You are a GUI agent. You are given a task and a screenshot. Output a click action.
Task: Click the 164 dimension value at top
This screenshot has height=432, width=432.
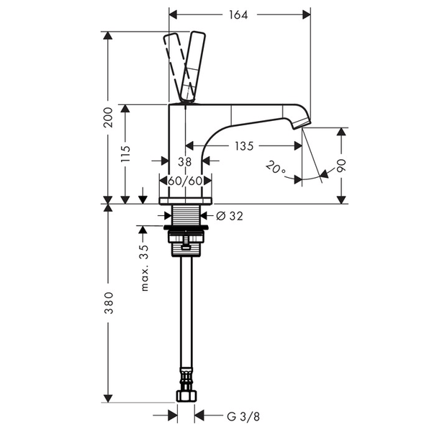(x=240, y=14)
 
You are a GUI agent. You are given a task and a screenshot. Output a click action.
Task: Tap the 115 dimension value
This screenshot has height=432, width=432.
(x=126, y=153)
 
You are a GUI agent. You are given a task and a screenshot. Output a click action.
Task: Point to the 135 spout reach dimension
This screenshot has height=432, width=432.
(x=244, y=146)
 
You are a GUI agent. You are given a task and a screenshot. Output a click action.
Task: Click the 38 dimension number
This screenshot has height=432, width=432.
(x=184, y=162)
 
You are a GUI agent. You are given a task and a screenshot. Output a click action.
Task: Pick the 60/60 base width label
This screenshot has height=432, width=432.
(x=185, y=180)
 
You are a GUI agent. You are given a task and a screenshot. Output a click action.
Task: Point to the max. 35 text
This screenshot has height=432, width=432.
(x=144, y=267)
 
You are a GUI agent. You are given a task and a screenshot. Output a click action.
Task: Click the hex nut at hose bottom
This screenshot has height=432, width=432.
(x=186, y=395)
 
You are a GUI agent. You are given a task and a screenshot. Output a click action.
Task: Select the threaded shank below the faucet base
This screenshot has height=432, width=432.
(x=186, y=215)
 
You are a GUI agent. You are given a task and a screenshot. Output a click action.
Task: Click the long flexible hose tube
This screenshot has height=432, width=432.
(x=186, y=317)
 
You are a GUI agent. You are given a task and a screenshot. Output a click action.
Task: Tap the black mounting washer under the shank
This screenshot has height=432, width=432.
(x=186, y=230)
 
